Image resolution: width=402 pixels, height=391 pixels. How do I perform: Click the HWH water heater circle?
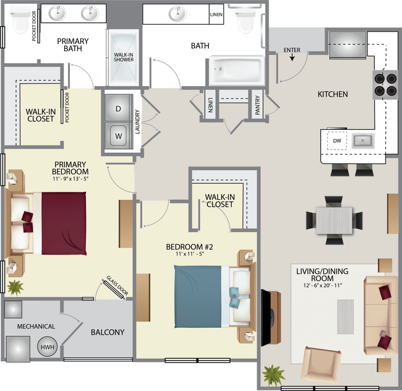tap(48, 347)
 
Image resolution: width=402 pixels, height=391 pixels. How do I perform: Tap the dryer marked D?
tap(118, 108)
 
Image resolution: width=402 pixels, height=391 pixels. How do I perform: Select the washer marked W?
tap(118, 135)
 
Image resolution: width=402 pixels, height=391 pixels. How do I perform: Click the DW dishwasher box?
tap(337, 140)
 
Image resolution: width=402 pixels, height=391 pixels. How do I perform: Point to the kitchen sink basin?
tap(362, 140)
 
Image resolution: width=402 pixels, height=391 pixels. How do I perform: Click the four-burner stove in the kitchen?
tap(385, 85)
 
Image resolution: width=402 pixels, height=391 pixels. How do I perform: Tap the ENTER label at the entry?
tap(292, 50)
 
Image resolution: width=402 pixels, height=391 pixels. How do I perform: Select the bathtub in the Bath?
tap(237, 71)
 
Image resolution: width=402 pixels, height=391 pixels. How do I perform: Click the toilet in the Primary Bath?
tap(20, 19)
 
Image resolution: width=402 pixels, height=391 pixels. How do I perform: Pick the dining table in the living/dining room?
tap(335, 220)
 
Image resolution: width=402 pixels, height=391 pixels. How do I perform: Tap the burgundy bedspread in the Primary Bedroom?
tap(64, 223)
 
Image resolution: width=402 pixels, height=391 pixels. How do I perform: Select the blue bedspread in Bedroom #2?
tap(198, 296)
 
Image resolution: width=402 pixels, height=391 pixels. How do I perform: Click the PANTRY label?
tap(257, 105)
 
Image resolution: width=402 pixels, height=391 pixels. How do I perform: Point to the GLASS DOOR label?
tap(117, 285)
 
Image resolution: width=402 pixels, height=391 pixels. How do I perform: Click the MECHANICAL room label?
tap(36, 327)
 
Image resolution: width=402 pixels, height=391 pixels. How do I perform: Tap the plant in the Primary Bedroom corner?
tap(15, 288)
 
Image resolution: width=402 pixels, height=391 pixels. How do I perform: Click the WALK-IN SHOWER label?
tap(124, 57)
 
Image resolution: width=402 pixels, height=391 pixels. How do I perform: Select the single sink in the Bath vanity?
tap(177, 14)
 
